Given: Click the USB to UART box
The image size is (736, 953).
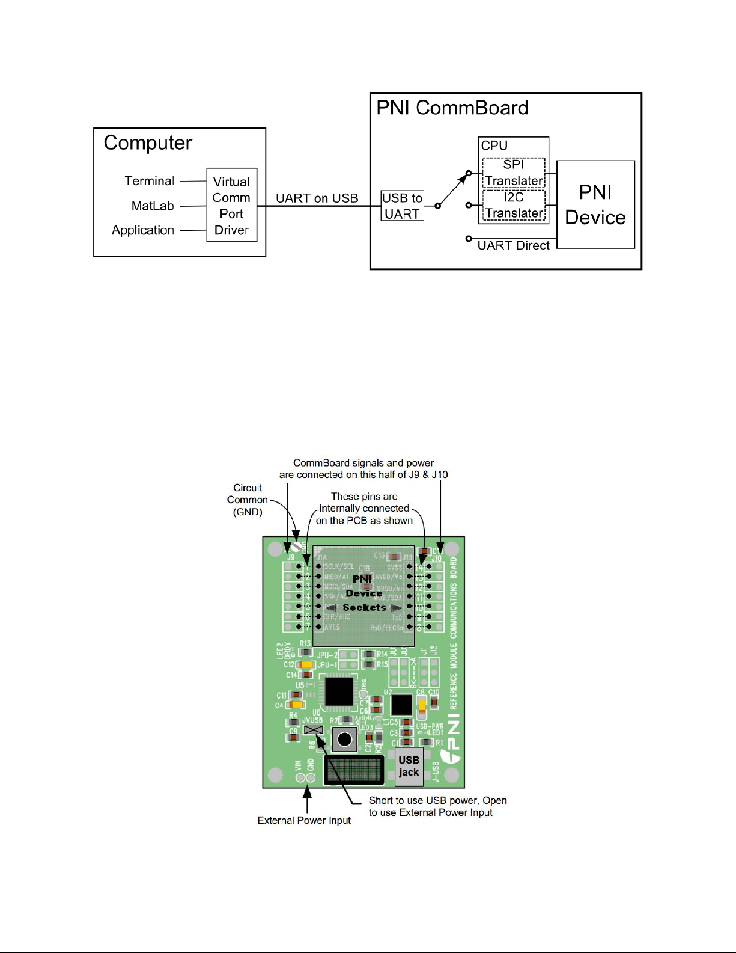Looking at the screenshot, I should (403, 206).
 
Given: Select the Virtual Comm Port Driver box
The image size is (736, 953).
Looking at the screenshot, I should (231, 205).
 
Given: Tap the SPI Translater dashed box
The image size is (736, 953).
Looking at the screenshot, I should (514, 173).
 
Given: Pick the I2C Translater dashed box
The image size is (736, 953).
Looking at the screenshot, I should (514, 205).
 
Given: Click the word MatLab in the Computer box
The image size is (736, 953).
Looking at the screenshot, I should (153, 206).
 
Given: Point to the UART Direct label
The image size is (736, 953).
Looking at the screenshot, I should (513, 245).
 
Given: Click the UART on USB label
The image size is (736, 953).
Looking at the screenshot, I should (317, 198).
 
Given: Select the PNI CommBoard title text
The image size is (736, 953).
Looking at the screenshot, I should (452, 108).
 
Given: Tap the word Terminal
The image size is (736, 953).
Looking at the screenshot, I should (149, 181).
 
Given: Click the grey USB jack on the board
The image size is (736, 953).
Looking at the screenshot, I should (409, 767).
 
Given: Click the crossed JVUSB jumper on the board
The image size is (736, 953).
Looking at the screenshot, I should (314, 730).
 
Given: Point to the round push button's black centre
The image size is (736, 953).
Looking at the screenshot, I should (345, 739).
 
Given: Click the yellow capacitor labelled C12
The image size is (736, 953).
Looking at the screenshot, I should (306, 665).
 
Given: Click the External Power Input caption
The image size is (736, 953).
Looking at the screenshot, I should (304, 820).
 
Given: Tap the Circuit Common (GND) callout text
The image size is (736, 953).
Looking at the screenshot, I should (248, 500).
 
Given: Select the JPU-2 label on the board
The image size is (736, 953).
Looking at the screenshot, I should (327, 654).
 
